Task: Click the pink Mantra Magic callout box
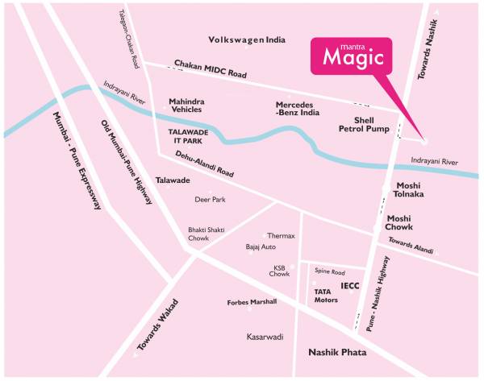352,56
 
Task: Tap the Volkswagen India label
247,39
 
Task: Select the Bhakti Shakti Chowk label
206,233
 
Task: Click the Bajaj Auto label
261,246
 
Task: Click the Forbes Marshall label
252,302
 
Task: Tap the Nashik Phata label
337,353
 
